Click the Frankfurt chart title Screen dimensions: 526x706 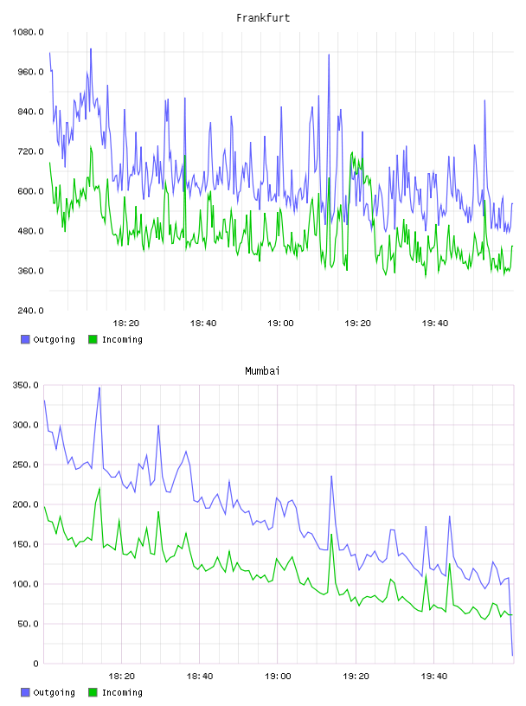click(x=263, y=17)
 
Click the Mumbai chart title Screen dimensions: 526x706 click(x=262, y=370)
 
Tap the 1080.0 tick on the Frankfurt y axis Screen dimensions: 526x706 click(x=28, y=32)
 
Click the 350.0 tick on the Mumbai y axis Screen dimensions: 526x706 click(x=26, y=385)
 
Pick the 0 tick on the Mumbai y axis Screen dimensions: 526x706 click(x=36, y=664)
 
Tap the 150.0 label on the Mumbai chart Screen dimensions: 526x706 click(x=26, y=544)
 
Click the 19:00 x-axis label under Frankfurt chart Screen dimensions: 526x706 click(x=280, y=323)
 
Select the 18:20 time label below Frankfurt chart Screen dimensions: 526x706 click(x=126, y=323)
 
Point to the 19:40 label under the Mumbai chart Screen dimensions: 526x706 click(x=434, y=676)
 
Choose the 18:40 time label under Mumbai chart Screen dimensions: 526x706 click(x=200, y=676)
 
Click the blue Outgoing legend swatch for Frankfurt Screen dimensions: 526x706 click(x=25, y=339)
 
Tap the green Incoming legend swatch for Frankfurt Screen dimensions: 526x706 click(x=93, y=339)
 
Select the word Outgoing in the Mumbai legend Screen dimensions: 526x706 click(x=54, y=692)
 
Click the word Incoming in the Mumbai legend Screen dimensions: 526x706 click(x=122, y=692)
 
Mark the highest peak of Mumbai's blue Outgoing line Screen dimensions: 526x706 click(x=99, y=388)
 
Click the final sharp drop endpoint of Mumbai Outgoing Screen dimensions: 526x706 click(x=512, y=655)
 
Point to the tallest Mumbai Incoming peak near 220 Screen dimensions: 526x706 click(x=99, y=488)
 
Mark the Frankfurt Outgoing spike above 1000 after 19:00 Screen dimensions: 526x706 click(x=329, y=55)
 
